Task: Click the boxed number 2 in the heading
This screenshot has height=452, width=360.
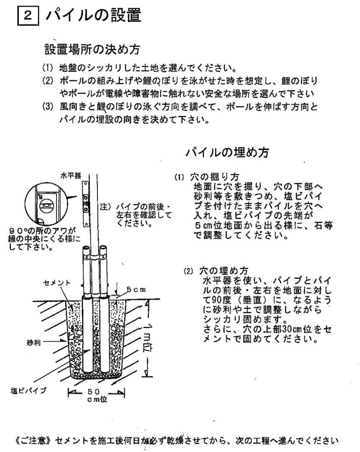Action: click(x=28, y=16)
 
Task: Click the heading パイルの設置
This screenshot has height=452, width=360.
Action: click(x=94, y=15)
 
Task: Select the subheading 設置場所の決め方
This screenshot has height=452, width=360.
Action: click(x=92, y=50)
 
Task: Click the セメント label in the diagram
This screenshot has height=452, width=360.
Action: click(x=57, y=283)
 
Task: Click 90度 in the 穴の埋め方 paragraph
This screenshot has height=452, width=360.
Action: click(x=220, y=300)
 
